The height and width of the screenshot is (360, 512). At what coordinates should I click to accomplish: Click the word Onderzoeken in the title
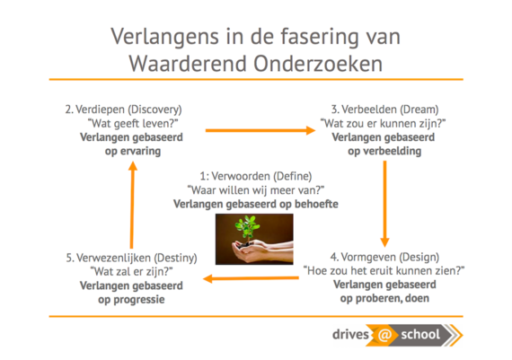(318, 64)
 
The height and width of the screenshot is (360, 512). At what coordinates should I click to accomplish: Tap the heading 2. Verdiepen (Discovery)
(123, 110)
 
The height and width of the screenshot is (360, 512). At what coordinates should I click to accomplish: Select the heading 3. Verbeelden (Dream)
(384, 110)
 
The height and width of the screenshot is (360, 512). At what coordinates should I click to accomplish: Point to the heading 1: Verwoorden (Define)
(256, 176)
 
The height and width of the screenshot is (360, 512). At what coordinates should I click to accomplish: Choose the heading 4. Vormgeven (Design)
(384, 257)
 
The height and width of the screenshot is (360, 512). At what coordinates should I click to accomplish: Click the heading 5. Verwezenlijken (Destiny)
(131, 258)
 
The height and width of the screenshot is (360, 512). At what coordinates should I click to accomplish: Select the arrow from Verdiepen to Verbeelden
(260, 130)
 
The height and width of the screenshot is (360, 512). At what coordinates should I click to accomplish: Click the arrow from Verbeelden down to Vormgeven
(385, 204)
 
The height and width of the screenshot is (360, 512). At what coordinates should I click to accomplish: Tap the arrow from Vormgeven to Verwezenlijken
(251, 278)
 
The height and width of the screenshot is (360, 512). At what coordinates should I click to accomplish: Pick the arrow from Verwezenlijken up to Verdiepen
(132, 205)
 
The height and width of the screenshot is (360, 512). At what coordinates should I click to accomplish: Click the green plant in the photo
(247, 228)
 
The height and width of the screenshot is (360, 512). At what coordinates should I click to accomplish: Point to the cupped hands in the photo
(261, 251)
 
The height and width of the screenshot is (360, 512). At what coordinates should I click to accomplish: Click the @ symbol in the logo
(384, 335)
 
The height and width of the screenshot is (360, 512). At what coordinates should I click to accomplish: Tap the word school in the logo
(420, 335)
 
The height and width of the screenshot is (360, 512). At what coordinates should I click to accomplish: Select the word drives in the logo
(350, 335)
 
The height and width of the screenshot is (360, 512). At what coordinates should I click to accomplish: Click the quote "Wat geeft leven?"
(133, 123)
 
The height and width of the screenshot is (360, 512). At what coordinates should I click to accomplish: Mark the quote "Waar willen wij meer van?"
(256, 190)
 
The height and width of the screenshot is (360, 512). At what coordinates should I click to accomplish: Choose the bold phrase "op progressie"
(131, 299)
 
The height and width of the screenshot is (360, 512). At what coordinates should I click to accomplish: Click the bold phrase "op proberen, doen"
(384, 298)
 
